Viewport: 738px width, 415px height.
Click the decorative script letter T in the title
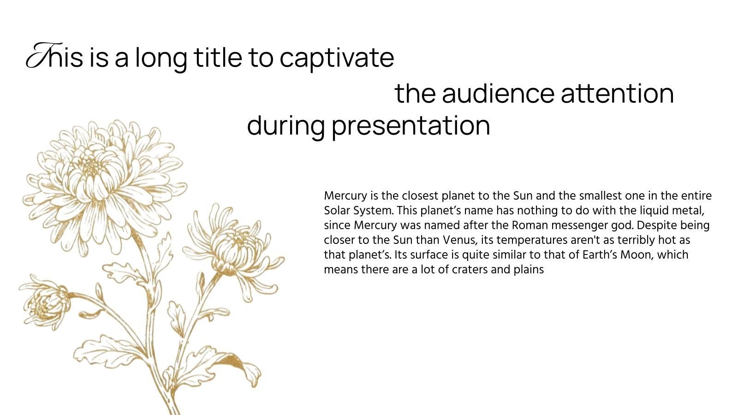(x=43, y=55)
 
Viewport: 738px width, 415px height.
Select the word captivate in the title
(x=337, y=59)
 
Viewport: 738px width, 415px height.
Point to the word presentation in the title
(x=411, y=127)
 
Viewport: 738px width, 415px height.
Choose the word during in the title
(x=286, y=127)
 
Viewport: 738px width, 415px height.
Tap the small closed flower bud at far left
(x=46, y=305)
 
